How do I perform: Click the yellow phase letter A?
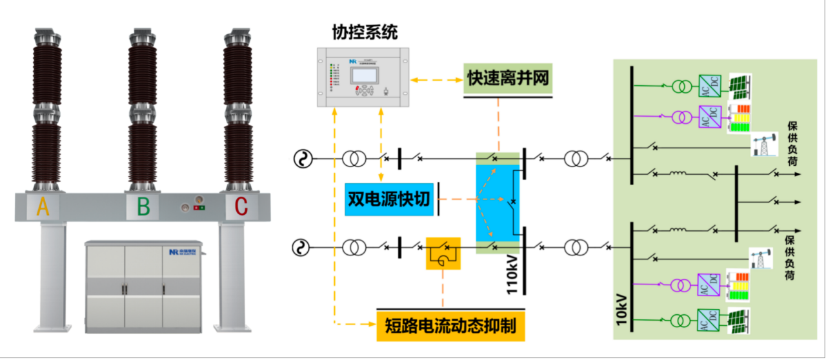(43, 207)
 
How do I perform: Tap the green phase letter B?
(143, 207)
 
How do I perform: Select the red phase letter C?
(240, 207)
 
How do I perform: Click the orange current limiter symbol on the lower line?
(443, 252)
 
